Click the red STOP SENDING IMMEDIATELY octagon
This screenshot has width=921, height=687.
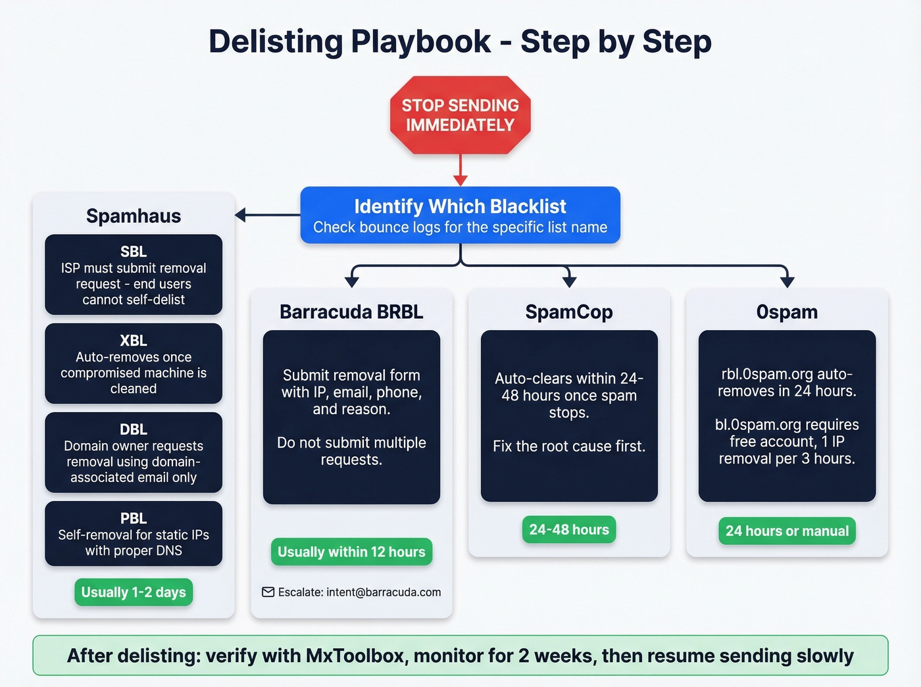pyautogui.click(x=460, y=115)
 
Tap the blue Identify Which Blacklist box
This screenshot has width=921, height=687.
pyautogui.click(x=460, y=216)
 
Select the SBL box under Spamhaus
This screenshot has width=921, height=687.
pyautogui.click(x=134, y=275)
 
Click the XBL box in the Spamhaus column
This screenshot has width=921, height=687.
pyautogui.click(x=134, y=364)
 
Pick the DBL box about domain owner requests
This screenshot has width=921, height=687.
pyautogui.click(x=134, y=452)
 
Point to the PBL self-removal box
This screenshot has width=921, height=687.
pyautogui.click(x=134, y=534)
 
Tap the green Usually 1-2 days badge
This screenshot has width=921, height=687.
pyautogui.click(x=134, y=592)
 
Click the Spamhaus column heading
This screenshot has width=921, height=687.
pyautogui.click(x=134, y=216)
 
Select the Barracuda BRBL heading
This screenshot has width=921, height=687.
pyautogui.click(x=351, y=312)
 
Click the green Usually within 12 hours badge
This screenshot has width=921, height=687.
pyautogui.click(x=351, y=552)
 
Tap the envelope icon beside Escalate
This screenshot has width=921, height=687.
pyautogui.click(x=268, y=592)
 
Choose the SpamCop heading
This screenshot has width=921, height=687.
pyautogui.click(x=569, y=312)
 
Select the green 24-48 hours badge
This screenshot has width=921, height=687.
pyautogui.click(x=569, y=530)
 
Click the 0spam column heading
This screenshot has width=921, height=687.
pyautogui.click(x=787, y=312)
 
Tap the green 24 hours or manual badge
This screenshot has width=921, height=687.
pyautogui.click(x=787, y=531)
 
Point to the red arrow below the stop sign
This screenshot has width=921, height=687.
pyautogui.click(x=460, y=170)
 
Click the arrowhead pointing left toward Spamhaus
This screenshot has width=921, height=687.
pyautogui.click(x=241, y=215)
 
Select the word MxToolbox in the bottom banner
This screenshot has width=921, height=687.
pyautogui.click(x=356, y=655)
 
